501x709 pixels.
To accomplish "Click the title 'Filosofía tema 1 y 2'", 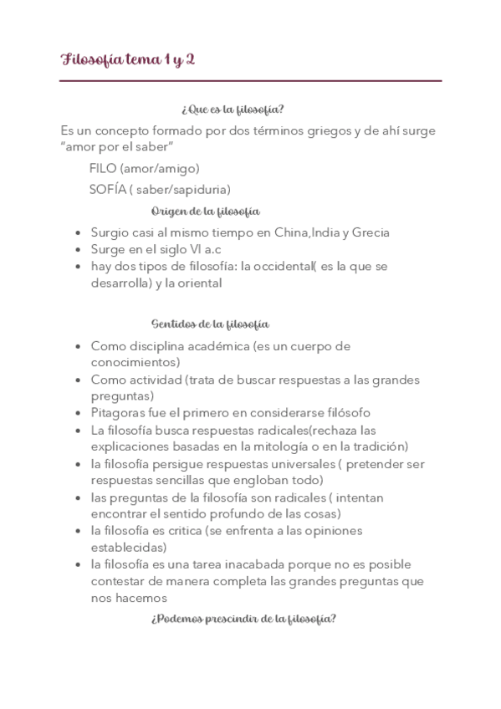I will coord(128,59).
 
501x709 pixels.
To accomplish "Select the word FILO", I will coord(103,168).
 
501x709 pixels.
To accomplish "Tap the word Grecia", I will coord(371,232).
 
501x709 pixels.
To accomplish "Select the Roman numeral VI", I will coord(198,249).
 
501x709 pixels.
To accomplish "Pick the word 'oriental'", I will coord(198,283).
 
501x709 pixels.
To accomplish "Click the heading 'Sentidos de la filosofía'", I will coord(210,324).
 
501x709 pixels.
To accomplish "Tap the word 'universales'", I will coord(299,463).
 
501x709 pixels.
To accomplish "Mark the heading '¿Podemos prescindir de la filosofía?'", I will coord(243,619).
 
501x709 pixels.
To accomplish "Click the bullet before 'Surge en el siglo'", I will coord(78,250).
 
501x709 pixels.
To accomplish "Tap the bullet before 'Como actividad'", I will coord(78,380).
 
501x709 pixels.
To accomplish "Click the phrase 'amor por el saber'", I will coord(117,148).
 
